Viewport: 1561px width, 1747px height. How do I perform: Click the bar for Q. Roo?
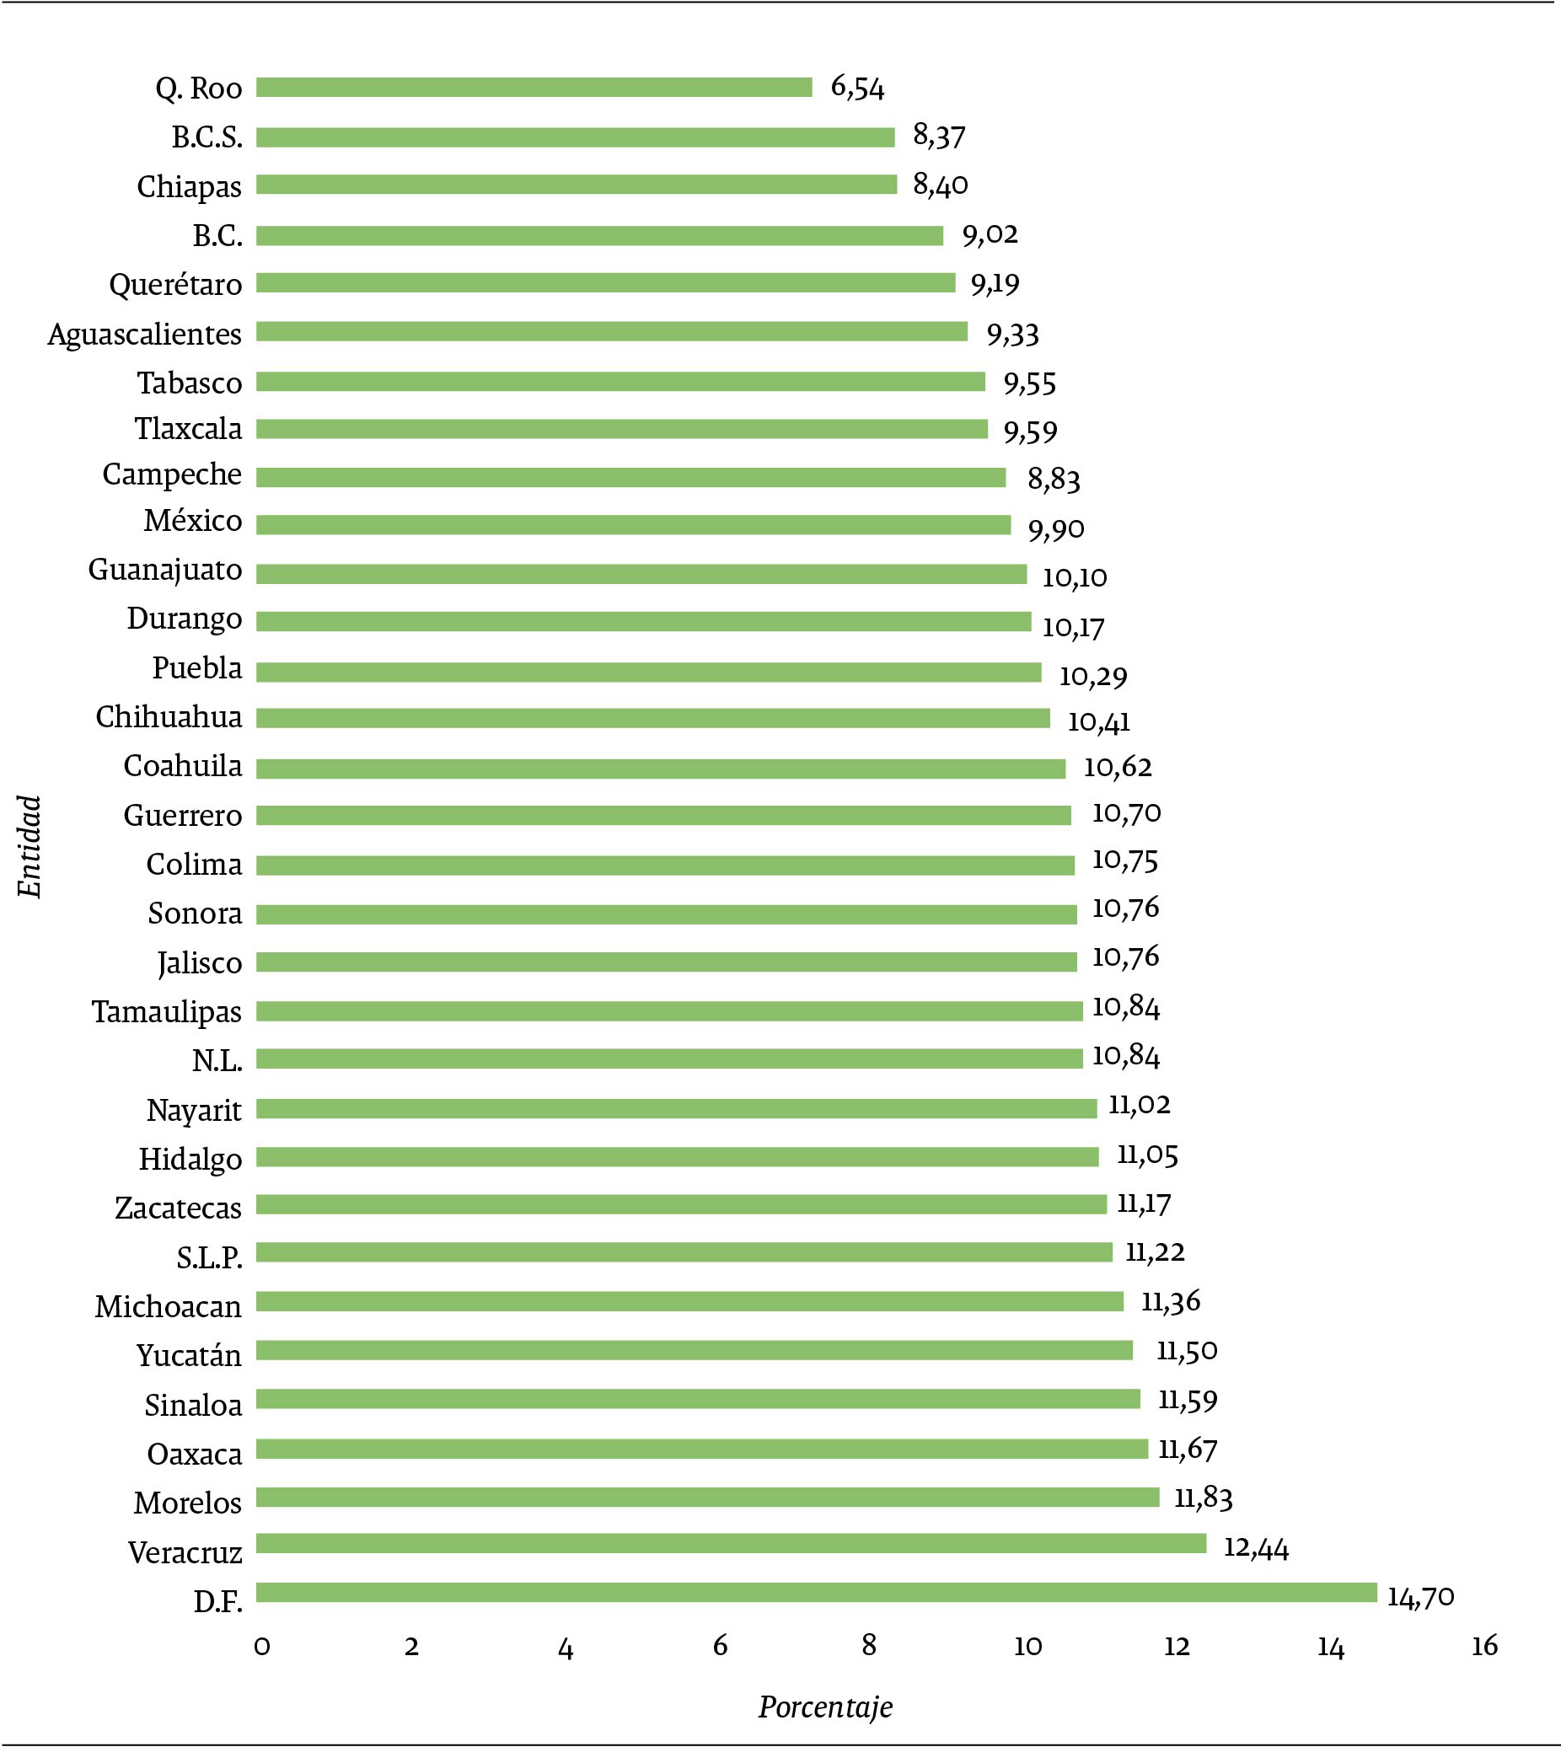click(534, 87)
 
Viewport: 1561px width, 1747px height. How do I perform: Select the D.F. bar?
click(816, 1593)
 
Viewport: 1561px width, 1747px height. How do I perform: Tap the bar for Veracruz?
click(731, 1544)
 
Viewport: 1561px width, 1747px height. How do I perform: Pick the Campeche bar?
click(630, 478)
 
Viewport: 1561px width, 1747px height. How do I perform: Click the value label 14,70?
click(1420, 1596)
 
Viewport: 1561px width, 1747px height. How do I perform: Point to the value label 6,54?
click(857, 87)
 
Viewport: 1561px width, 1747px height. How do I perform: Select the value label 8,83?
click(1054, 479)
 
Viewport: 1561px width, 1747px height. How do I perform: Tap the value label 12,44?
click(1256, 1547)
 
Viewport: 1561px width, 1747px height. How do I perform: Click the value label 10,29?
click(1092, 676)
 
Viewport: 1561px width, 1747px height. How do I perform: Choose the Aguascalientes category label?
click(144, 334)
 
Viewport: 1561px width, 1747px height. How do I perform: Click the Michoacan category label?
click(168, 1306)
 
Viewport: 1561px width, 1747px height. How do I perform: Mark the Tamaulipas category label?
click(166, 1012)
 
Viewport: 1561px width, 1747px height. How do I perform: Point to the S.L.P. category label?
click(209, 1257)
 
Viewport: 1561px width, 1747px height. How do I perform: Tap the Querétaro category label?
click(175, 284)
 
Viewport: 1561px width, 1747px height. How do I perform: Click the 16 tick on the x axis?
click(1483, 1646)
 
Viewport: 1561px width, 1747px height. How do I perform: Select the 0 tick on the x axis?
click(261, 1646)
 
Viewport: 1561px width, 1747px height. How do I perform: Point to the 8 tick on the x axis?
click(869, 1646)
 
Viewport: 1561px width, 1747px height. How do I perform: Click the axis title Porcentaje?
click(825, 1707)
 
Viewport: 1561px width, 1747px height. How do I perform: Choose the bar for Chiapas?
click(577, 185)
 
